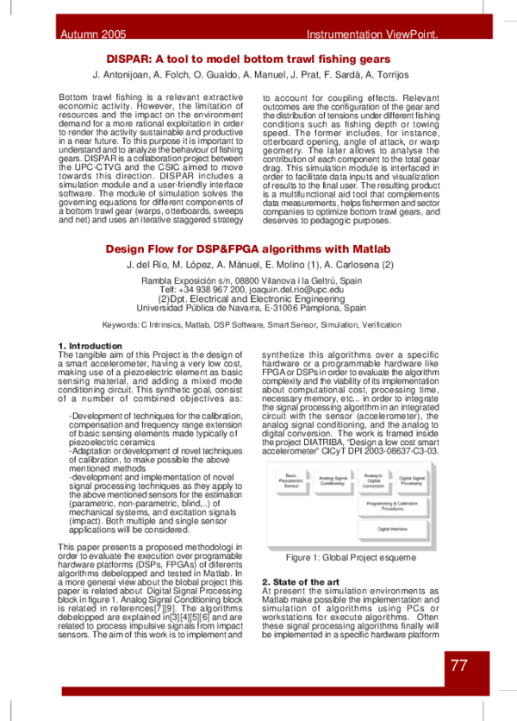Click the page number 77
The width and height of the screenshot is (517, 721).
(459, 667)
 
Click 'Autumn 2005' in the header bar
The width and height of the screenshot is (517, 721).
(92, 35)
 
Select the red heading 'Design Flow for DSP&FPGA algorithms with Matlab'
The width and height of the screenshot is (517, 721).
(260, 247)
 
